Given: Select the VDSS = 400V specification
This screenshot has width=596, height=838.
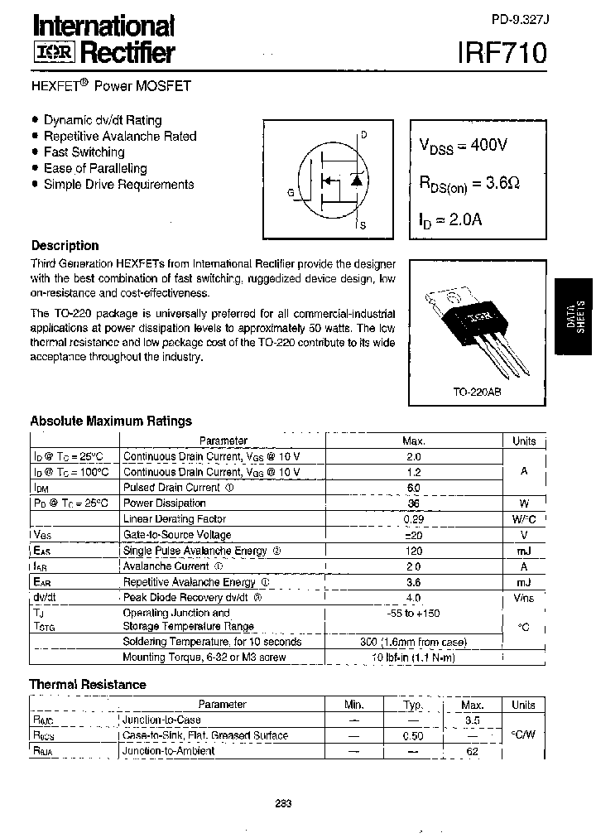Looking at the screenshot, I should tap(463, 146).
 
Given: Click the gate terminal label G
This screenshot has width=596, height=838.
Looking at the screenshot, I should tap(291, 192).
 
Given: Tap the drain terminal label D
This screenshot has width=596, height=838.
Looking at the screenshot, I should tap(363, 135).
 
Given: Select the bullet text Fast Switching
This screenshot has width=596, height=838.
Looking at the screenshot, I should tap(84, 152).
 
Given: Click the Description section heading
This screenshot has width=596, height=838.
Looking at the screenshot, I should tap(65, 246).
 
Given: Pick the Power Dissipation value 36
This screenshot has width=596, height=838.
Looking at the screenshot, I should tap(413, 503).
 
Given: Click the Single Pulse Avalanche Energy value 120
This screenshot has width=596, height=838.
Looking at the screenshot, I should tap(413, 551).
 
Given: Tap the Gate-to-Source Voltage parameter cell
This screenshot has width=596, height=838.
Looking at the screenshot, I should tap(177, 535).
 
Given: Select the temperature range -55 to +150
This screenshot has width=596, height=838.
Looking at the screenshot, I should tap(413, 613).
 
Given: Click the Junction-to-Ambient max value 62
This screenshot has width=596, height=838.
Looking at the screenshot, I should tap(473, 751).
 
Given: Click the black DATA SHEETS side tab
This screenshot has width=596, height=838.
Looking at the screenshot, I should tap(575, 314).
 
